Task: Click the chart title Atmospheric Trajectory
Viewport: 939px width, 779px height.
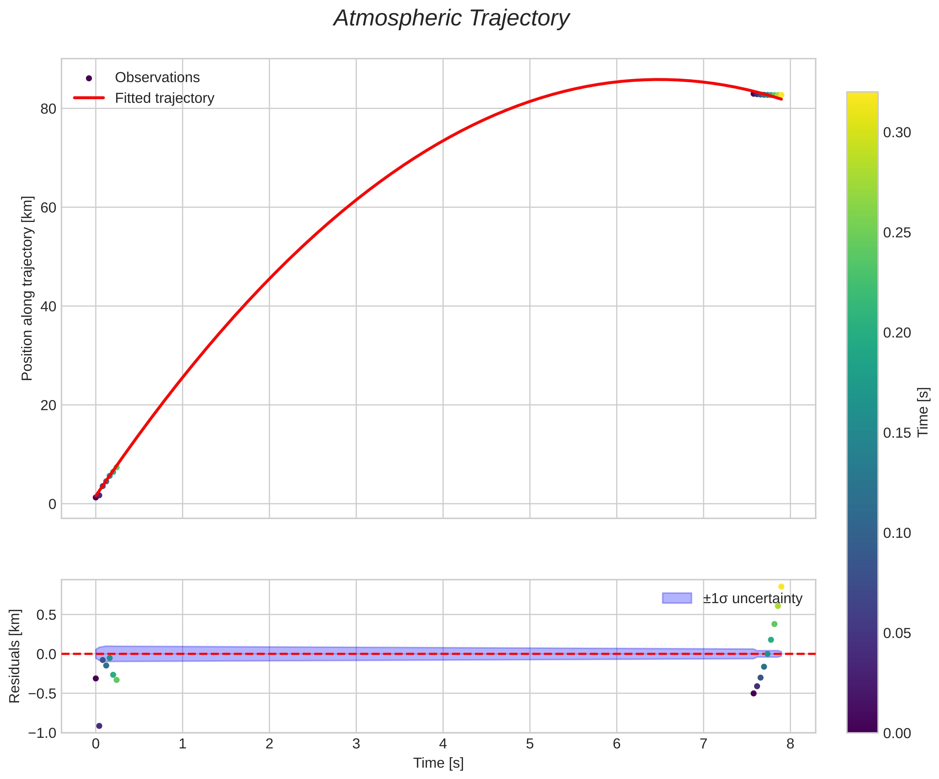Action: (451, 19)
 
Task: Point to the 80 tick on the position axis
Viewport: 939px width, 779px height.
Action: (48, 109)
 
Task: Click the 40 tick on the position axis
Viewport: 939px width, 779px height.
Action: (48, 306)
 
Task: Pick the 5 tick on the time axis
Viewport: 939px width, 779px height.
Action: (529, 744)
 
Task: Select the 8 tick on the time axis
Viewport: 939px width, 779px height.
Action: (790, 744)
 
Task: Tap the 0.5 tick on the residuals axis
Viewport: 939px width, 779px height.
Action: (46, 615)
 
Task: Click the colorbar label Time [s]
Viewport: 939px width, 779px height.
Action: (923, 411)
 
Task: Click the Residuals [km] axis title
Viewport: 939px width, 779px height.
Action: (15, 656)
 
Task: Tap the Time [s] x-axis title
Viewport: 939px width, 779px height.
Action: (438, 763)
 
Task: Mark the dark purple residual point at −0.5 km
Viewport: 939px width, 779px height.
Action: (753, 693)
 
